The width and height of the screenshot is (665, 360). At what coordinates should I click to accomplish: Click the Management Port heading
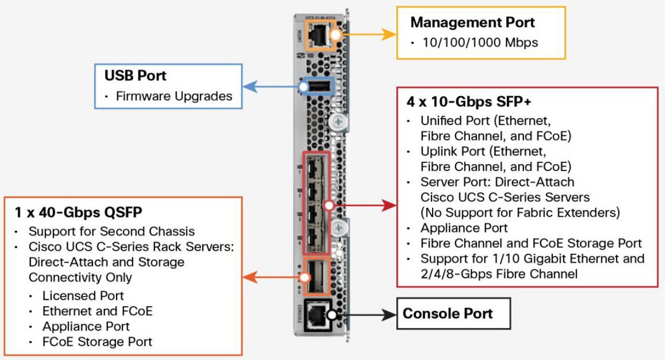click(472, 22)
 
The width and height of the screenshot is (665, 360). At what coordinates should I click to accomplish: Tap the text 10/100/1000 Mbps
click(480, 42)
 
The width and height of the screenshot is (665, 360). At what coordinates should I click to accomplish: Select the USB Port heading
click(135, 75)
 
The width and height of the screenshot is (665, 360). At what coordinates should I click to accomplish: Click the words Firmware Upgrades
click(174, 96)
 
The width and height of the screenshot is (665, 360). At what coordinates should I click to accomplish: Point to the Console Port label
click(447, 313)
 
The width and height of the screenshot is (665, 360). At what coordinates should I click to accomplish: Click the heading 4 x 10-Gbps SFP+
click(469, 102)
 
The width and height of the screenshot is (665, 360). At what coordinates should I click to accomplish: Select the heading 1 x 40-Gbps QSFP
click(78, 212)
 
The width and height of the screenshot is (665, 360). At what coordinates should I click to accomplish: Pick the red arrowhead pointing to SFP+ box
click(389, 205)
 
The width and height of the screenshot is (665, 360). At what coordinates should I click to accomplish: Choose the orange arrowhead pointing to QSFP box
click(250, 277)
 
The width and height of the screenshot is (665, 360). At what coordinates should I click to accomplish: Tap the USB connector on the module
click(319, 87)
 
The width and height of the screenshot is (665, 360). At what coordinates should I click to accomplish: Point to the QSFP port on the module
click(316, 276)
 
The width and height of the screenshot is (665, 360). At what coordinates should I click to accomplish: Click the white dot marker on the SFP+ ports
click(329, 205)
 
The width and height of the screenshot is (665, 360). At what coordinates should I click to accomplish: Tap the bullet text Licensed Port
click(83, 296)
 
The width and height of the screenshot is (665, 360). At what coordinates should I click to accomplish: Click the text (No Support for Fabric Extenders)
click(520, 213)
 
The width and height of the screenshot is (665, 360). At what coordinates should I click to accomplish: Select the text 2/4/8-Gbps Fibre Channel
click(499, 274)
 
